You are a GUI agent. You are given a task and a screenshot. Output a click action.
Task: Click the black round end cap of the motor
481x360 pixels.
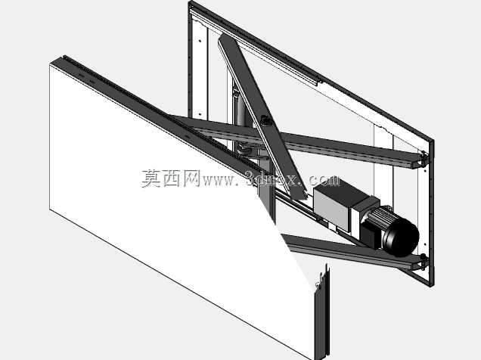tap(402, 237)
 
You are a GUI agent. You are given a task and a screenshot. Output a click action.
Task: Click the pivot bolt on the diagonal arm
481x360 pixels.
tap(265, 120)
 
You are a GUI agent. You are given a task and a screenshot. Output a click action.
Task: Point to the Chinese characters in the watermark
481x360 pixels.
tap(171, 178)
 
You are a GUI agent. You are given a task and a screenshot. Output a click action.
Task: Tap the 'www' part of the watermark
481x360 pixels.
tap(219, 181)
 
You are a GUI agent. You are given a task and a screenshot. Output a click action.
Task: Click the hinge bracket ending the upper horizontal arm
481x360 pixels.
tap(424, 159)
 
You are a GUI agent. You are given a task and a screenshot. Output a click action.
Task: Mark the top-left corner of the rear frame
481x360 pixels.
tap(190, 2)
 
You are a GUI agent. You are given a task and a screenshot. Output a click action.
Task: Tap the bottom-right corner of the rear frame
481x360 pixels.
tap(433, 286)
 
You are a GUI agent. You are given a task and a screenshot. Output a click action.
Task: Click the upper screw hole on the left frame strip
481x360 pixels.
tap(200, 41)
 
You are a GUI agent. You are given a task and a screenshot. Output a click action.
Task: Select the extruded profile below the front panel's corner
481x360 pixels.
tap(322, 312)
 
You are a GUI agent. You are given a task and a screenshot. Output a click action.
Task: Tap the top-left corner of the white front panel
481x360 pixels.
tap(50, 64)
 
